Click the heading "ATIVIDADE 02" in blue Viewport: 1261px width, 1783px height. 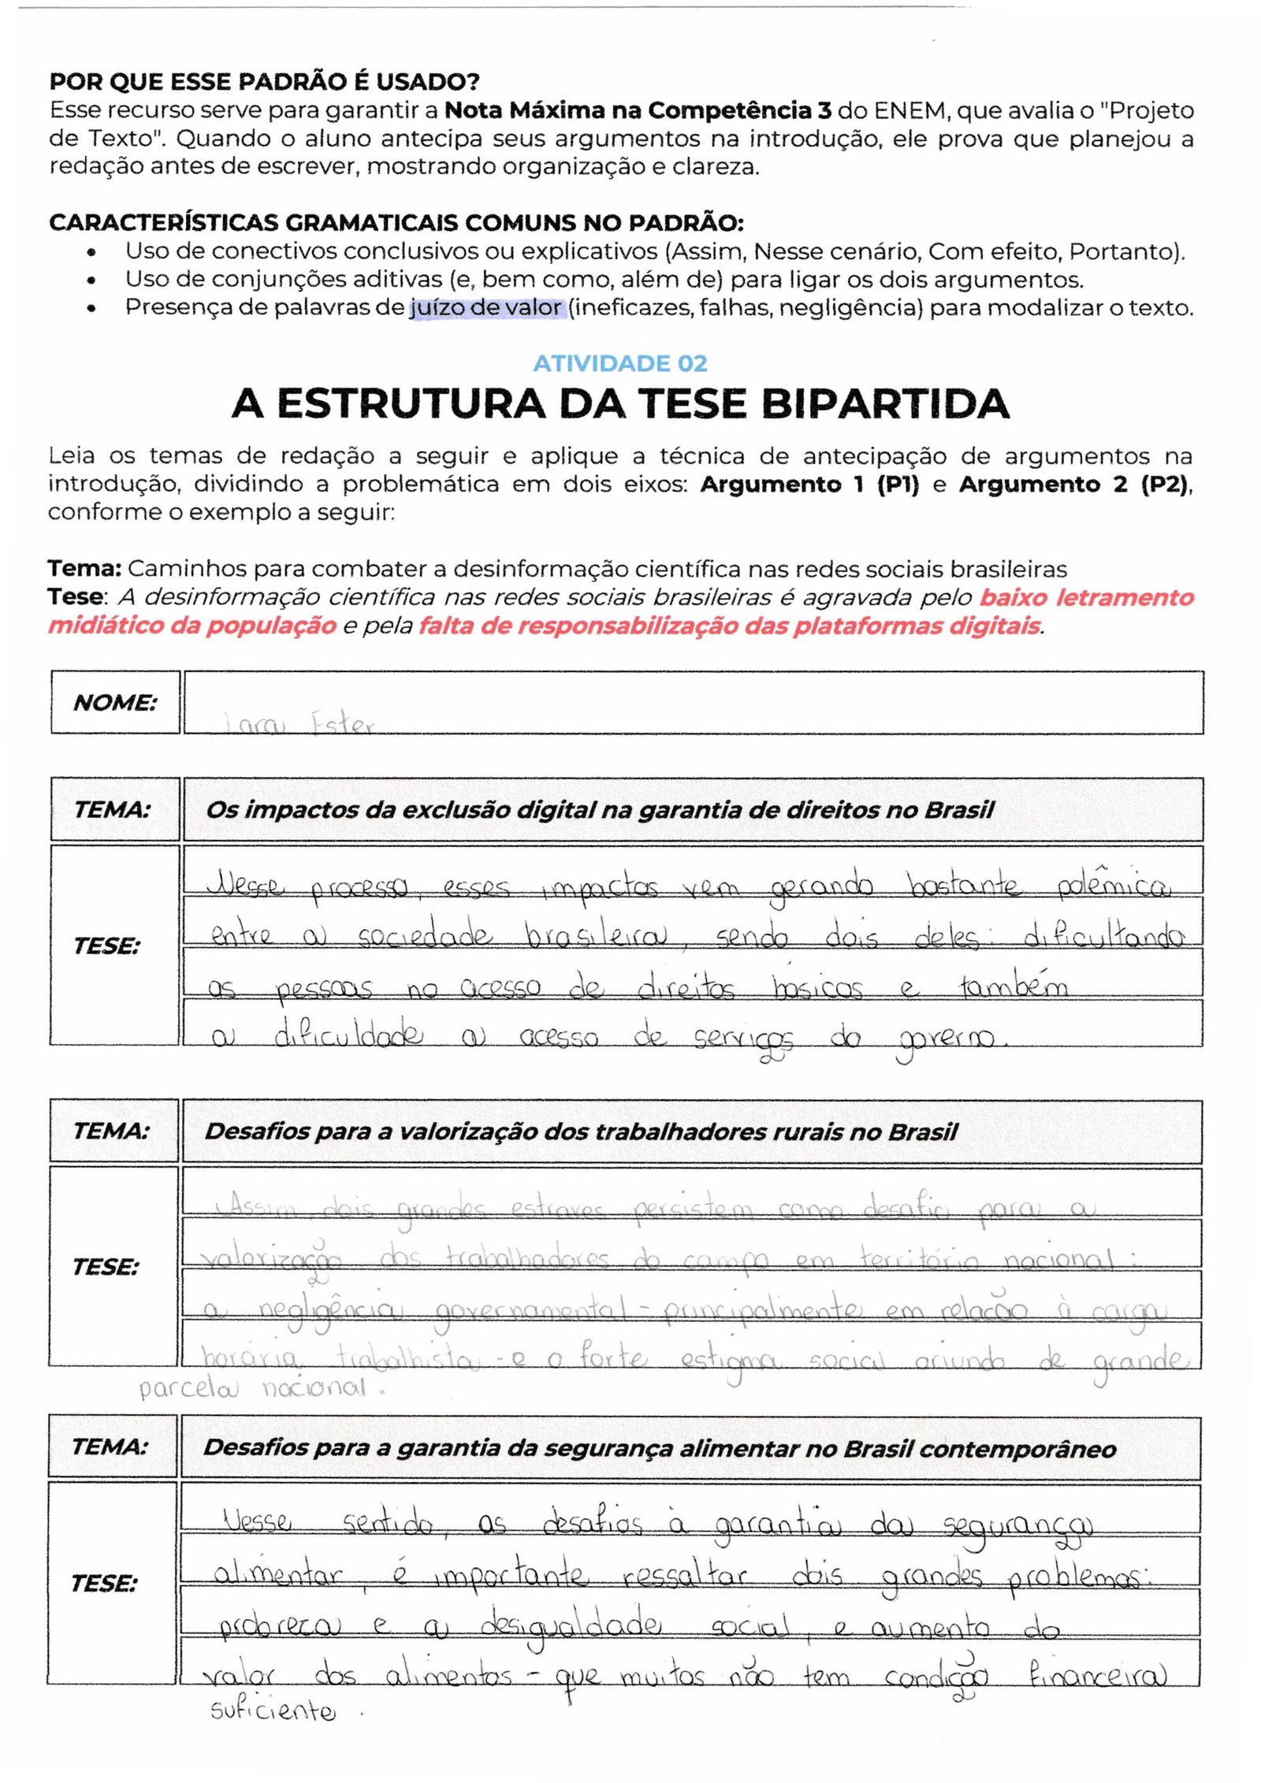[x=619, y=363]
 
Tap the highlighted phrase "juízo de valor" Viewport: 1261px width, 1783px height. [x=485, y=307]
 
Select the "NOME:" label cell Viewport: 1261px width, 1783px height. [x=115, y=702]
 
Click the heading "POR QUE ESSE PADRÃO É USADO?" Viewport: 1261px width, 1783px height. [x=264, y=81]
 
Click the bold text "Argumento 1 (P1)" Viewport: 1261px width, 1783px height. [x=809, y=484]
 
